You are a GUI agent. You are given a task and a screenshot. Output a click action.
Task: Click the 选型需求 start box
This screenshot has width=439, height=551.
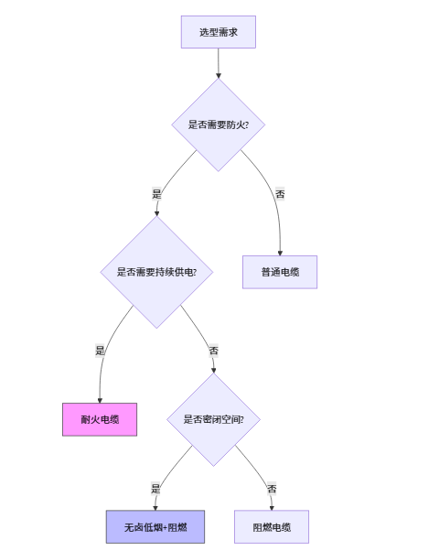(219, 32)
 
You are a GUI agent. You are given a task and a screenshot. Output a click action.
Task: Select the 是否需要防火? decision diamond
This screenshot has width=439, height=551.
(218, 124)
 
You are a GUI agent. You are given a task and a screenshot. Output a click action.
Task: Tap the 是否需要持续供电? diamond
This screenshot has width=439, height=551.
(156, 272)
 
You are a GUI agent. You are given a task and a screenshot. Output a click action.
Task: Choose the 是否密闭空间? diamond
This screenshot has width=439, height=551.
(213, 419)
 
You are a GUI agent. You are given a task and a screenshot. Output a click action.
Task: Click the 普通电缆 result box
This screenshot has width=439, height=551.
(280, 273)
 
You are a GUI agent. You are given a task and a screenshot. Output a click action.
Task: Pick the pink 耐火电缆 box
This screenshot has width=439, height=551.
(100, 419)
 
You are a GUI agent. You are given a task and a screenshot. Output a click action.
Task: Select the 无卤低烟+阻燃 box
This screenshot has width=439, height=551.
(155, 527)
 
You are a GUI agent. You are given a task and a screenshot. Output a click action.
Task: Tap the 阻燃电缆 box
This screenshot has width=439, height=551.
(272, 527)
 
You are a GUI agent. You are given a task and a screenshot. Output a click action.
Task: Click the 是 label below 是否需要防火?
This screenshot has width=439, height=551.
(156, 194)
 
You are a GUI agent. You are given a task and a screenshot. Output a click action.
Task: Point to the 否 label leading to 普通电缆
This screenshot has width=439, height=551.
(280, 194)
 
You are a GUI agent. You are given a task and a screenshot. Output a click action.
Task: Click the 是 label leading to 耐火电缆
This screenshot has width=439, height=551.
(100, 351)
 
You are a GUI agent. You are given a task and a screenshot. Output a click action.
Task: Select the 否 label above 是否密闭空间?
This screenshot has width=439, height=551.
(213, 351)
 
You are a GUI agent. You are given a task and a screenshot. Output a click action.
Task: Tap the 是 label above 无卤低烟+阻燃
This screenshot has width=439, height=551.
(155, 489)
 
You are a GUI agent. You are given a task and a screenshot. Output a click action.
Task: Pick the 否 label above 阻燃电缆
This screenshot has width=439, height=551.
(272, 489)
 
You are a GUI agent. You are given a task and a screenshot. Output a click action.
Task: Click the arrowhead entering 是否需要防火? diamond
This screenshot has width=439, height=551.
(219, 76)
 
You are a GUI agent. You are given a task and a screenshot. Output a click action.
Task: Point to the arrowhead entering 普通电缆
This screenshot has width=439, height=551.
(280, 254)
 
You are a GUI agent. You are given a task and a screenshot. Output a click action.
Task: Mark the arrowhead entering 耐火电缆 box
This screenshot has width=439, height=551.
(100, 401)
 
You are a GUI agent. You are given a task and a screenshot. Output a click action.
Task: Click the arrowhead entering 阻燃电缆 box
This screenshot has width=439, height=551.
(272, 508)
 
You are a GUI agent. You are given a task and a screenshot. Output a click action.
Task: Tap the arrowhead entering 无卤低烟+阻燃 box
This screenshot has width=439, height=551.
(155, 508)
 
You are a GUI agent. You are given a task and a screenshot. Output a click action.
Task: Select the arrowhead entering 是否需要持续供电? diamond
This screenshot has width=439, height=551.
(156, 213)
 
